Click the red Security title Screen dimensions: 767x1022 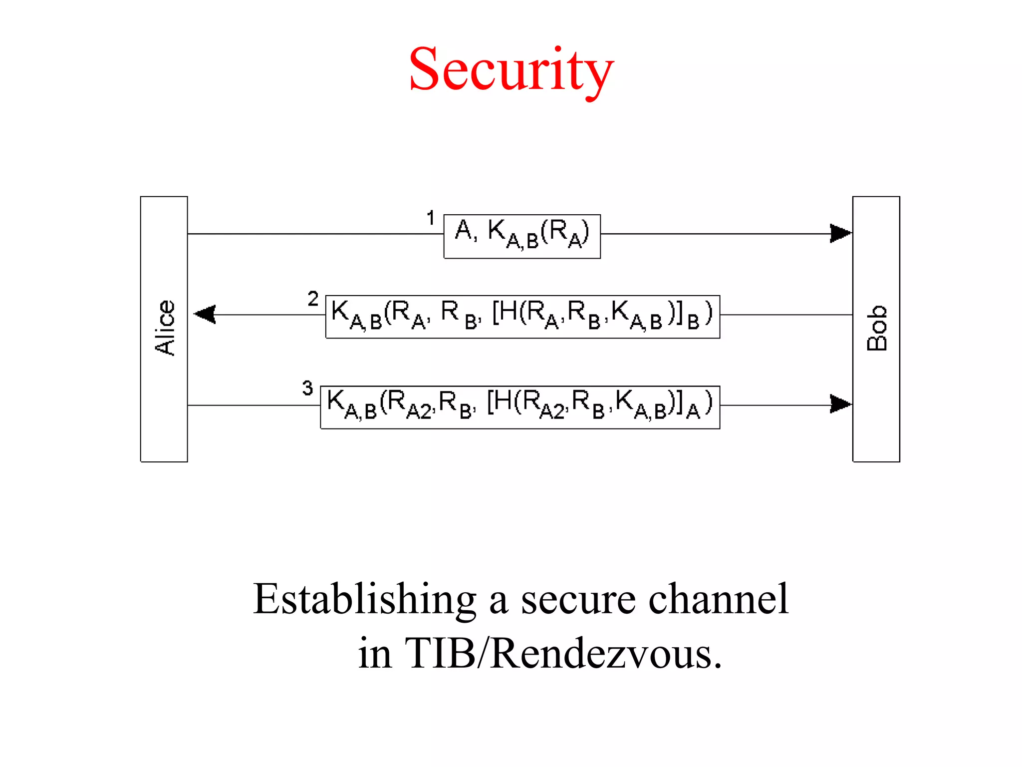[x=511, y=70]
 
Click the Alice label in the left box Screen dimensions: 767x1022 [x=165, y=328]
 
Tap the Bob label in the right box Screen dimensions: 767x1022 [x=877, y=328]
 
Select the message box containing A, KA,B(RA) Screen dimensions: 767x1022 [x=522, y=236]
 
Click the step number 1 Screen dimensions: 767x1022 [x=431, y=218]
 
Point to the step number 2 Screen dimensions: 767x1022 [x=313, y=299]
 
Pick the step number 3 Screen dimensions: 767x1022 [x=307, y=388]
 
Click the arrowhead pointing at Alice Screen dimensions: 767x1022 [x=205, y=315]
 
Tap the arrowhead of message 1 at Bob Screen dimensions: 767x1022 [x=840, y=233]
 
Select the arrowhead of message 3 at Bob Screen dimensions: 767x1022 [x=840, y=404]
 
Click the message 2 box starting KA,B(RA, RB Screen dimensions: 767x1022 [x=522, y=317]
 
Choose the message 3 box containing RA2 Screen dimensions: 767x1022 [x=520, y=407]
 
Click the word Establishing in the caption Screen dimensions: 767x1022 [x=365, y=599]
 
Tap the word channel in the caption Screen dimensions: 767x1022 [x=718, y=599]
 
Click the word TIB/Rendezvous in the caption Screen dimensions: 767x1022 [x=563, y=653]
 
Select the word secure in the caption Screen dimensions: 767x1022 [x=578, y=599]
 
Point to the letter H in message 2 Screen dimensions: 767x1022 [x=508, y=312]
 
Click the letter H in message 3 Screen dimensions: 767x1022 [x=503, y=401]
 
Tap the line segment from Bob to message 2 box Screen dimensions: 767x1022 [x=786, y=315]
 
